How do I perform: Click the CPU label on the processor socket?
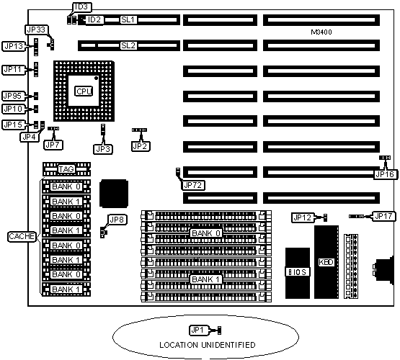(84, 91)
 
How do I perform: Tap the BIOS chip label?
(298, 272)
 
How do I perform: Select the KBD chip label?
(326, 262)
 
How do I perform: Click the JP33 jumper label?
(36, 30)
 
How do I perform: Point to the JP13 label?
(14, 46)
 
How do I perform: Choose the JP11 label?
(13, 69)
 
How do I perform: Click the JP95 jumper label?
(13, 96)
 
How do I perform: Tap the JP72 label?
(193, 185)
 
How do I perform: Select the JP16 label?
(386, 174)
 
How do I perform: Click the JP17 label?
(384, 216)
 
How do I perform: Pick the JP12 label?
(303, 217)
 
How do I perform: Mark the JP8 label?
(116, 220)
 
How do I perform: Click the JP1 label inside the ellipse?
(198, 330)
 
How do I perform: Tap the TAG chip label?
(66, 169)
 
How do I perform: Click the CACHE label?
(22, 236)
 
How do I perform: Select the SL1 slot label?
(128, 19)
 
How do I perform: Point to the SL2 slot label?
(128, 45)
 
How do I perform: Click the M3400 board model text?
(321, 32)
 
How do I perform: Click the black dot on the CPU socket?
(96, 78)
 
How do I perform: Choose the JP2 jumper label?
(141, 146)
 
